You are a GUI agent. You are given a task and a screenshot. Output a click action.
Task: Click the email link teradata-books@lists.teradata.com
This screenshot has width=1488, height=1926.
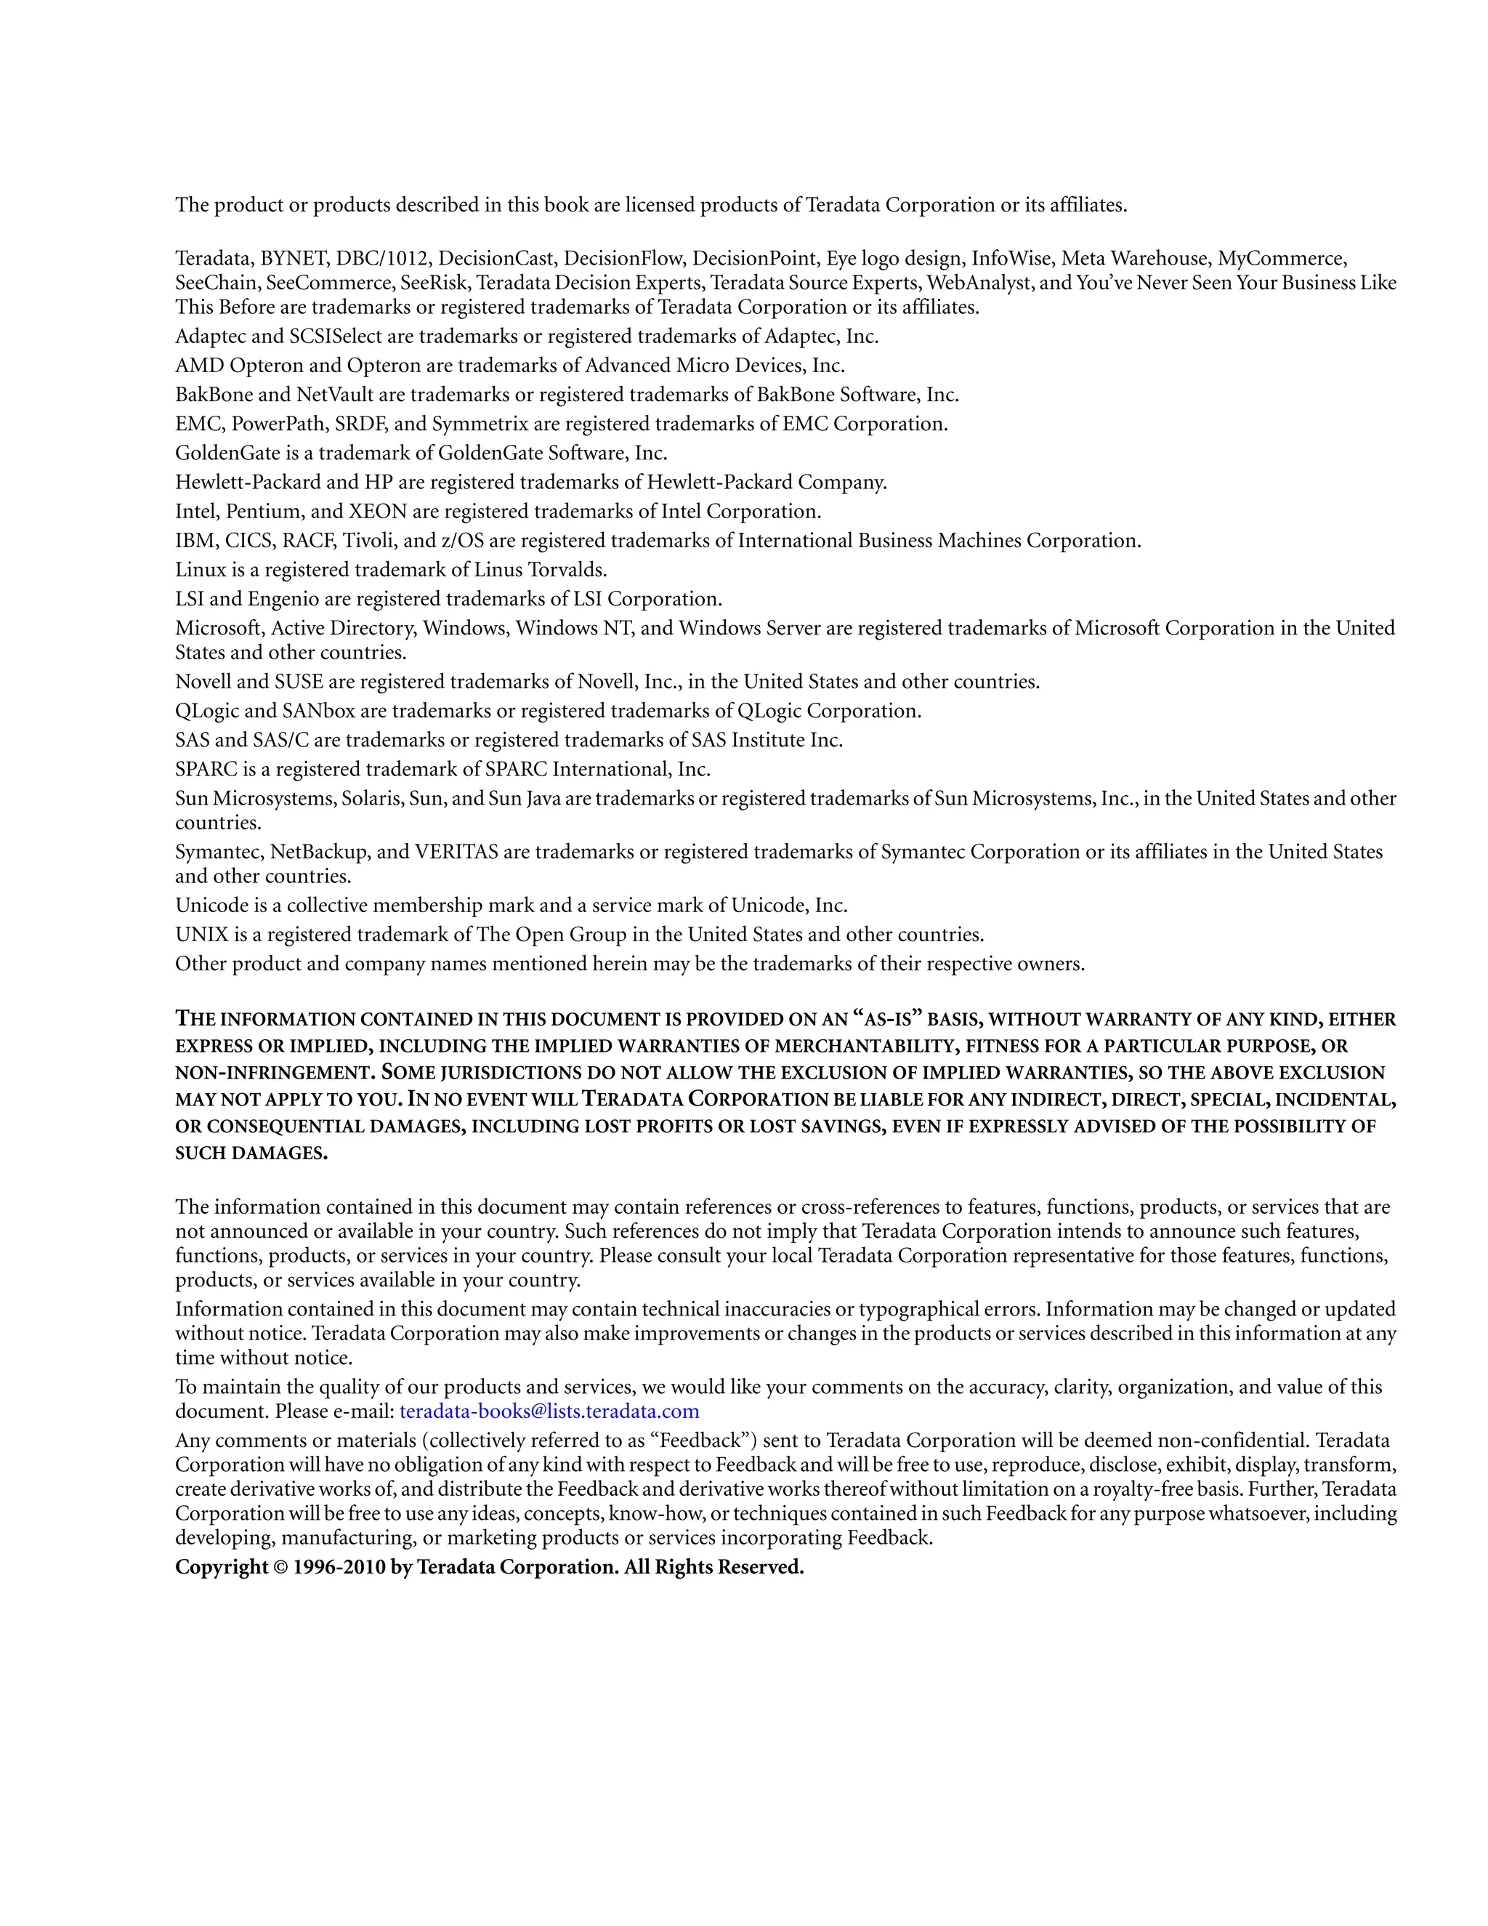point(549,1411)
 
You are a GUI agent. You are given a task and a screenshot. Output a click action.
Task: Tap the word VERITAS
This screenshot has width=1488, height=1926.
point(456,852)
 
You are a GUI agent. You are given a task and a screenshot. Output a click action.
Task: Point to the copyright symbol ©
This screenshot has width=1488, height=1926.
point(280,1567)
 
